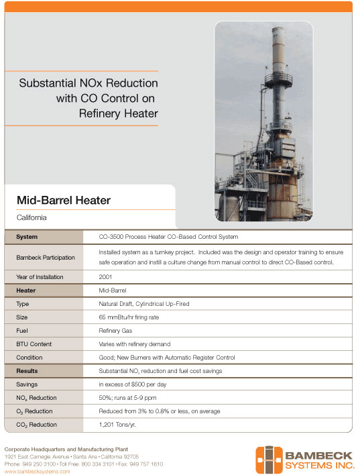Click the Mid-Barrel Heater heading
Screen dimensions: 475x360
coord(64,200)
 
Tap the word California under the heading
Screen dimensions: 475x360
coord(32,217)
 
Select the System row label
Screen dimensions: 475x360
coord(27,237)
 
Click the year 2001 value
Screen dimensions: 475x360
coord(105,276)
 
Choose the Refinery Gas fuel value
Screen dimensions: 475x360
coord(117,330)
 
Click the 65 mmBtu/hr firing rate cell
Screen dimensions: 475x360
coord(131,317)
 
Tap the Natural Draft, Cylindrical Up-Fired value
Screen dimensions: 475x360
coord(143,303)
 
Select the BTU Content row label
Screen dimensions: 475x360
coord(35,344)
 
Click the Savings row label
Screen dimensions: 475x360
coord(27,384)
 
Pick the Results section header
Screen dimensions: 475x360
coord(27,370)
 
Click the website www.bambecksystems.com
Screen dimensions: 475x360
coord(38,471)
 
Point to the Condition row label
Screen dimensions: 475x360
coord(29,357)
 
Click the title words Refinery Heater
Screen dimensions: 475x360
coord(118,113)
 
